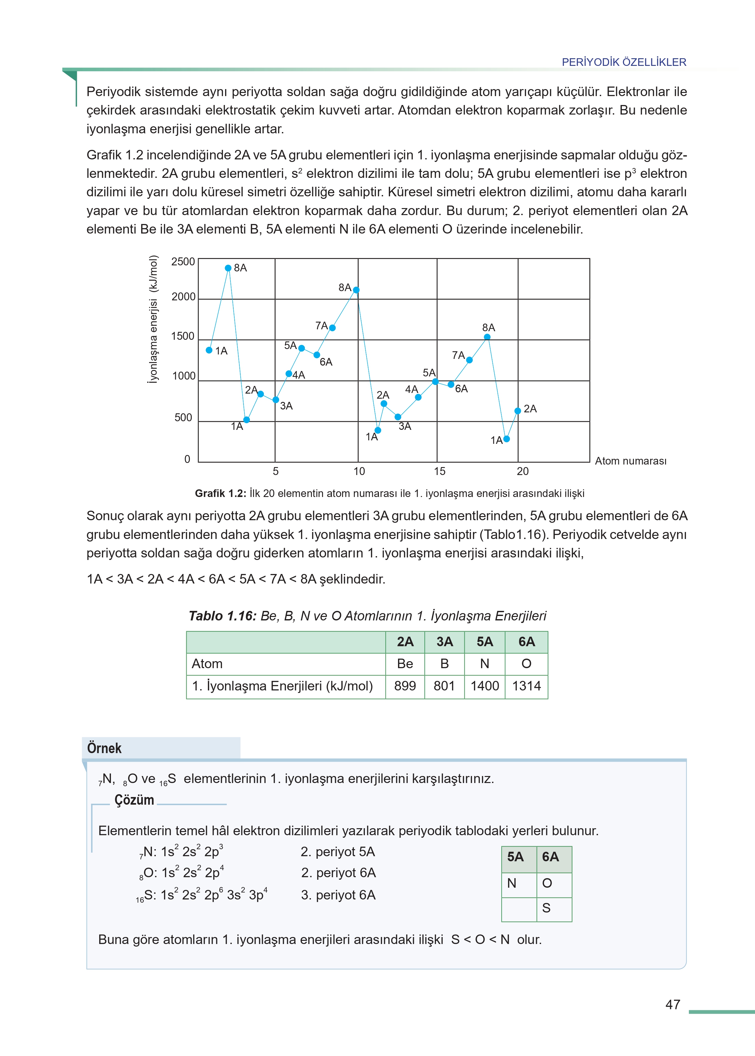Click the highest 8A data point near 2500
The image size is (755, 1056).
(x=228, y=268)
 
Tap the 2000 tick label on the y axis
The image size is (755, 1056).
(x=183, y=297)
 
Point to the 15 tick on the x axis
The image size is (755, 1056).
(x=439, y=471)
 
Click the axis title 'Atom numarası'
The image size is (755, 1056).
(x=630, y=461)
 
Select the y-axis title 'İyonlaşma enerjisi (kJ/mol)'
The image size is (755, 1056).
(x=153, y=319)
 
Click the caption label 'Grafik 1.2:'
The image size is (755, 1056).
(x=220, y=493)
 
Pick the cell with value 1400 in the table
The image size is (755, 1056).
(x=484, y=686)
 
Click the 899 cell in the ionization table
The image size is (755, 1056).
(x=405, y=686)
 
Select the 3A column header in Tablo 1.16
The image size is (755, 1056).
(x=444, y=642)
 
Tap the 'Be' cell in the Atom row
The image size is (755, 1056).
(x=405, y=664)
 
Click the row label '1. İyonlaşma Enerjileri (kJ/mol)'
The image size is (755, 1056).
(x=282, y=686)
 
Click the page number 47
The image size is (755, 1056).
(x=673, y=1005)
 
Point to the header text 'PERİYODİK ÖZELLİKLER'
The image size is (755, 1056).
(x=624, y=62)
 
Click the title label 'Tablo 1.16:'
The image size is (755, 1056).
(x=222, y=616)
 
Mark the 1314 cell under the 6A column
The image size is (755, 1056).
(x=526, y=686)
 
